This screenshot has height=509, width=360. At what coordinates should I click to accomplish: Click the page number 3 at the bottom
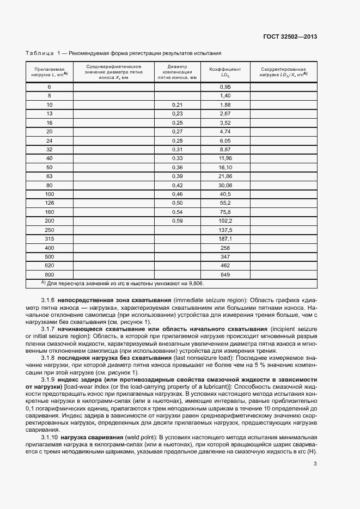(315, 464)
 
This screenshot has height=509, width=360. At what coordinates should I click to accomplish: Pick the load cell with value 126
(50, 202)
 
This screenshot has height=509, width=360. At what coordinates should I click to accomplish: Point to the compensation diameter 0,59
(177, 220)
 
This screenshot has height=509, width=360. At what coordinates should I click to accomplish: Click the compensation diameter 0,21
(177, 105)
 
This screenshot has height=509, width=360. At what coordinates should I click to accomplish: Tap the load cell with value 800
(50, 274)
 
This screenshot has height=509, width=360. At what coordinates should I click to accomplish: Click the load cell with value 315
(50, 238)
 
